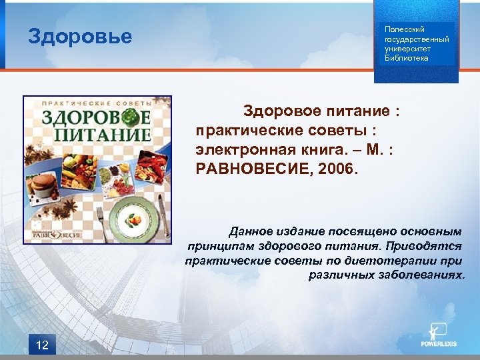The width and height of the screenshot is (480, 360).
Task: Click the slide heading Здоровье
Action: point(80,36)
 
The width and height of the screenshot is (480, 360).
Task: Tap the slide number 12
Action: point(41,344)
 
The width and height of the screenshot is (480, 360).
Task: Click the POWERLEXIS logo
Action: point(439,337)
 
